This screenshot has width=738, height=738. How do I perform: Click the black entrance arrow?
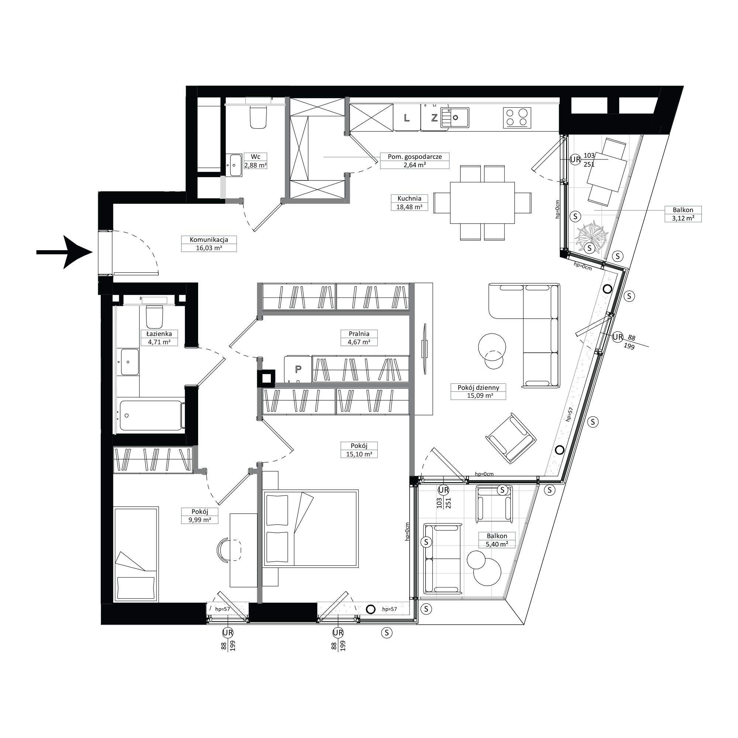pyautogui.click(x=65, y=252)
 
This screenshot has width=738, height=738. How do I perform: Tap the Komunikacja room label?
pyautogui.click(x=209, y=240)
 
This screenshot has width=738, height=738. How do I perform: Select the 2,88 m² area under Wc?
pyautogui.click(x=256, y=165)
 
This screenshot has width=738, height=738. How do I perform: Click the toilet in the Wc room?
pyautogui.click(x=258, y=117)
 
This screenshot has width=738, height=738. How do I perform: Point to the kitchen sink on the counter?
pyautogui.click(x=455, y=117)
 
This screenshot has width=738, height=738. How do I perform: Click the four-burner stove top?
pyautogui.click(x=517, y=118)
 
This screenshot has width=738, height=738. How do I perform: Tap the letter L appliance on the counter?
pyautogui.click(x=407, y=118)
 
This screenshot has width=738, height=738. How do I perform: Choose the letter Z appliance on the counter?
pyautogui.click(x=434, y=118)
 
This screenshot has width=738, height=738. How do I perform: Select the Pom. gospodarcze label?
pyautogui.click(x=415, y=156)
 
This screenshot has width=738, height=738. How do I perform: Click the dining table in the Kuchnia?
pyautogui.click(x=482, y=203)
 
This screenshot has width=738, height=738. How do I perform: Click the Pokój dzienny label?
pyautogui.click(x=478, y=387)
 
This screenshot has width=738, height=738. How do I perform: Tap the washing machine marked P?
pyautogui.click(x=298, y=369)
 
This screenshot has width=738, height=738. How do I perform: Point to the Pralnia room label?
pyautogui.click(x=359, y=334)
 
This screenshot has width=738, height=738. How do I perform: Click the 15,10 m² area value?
pyautogui.click(x=359, y=454)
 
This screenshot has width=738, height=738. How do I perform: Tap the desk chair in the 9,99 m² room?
pyautogui.click(x=229, y=550)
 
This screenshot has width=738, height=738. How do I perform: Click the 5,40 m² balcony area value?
pyautogui.click(x=497, y=544)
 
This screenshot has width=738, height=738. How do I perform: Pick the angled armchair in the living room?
pyautogui.click(x=511, y=438)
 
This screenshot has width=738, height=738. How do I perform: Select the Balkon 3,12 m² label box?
pyautogui.click(x=683, y=214)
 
